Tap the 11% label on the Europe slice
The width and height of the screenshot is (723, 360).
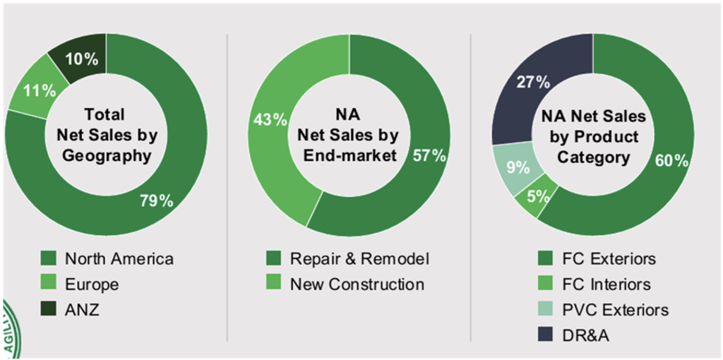(x=39, y=90)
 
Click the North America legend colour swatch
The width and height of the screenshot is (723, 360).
(x=49, y=258)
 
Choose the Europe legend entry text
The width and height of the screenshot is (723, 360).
(x=92, y=284)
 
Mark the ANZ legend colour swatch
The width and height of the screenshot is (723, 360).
(x=49, y=310)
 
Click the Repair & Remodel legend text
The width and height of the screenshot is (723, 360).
(x=360, y=258)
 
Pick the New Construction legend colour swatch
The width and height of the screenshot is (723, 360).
(x=275, y=284)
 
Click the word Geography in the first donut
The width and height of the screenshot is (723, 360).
(x=107, y=156)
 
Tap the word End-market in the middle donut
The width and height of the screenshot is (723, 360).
(x=349, y=156)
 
